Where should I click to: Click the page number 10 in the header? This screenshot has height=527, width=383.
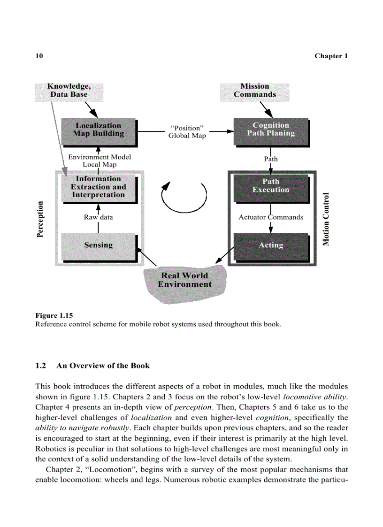(39, 56)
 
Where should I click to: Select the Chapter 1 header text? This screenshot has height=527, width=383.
(331, 56)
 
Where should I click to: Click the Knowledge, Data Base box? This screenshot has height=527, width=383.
(69, 91)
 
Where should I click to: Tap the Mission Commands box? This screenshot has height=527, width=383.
(255, 91)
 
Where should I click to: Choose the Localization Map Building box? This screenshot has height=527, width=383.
(99, 130)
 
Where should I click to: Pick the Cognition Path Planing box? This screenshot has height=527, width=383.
(271, 130)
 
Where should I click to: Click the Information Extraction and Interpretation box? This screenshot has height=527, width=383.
(99, 187)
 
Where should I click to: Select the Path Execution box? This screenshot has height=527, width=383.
(271, 186)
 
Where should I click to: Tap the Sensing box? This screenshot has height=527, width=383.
(99, 245)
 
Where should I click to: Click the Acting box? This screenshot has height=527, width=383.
(271, 245)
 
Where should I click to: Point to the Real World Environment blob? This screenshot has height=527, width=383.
(185, 281)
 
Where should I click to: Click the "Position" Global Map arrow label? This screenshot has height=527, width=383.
(187, 132)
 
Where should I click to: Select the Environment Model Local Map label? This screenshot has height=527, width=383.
(100, 161)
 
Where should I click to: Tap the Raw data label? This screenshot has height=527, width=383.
(99, 217)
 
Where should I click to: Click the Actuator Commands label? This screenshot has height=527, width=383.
(271, 217)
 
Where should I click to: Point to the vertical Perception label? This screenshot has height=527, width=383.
(40, 219)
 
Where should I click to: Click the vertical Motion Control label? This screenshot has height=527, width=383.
(326, 219)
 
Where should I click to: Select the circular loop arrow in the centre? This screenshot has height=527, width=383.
(184, 197)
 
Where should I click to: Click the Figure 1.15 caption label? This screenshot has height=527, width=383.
(54, 315)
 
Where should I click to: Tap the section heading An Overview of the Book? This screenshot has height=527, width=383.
(103, 366)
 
